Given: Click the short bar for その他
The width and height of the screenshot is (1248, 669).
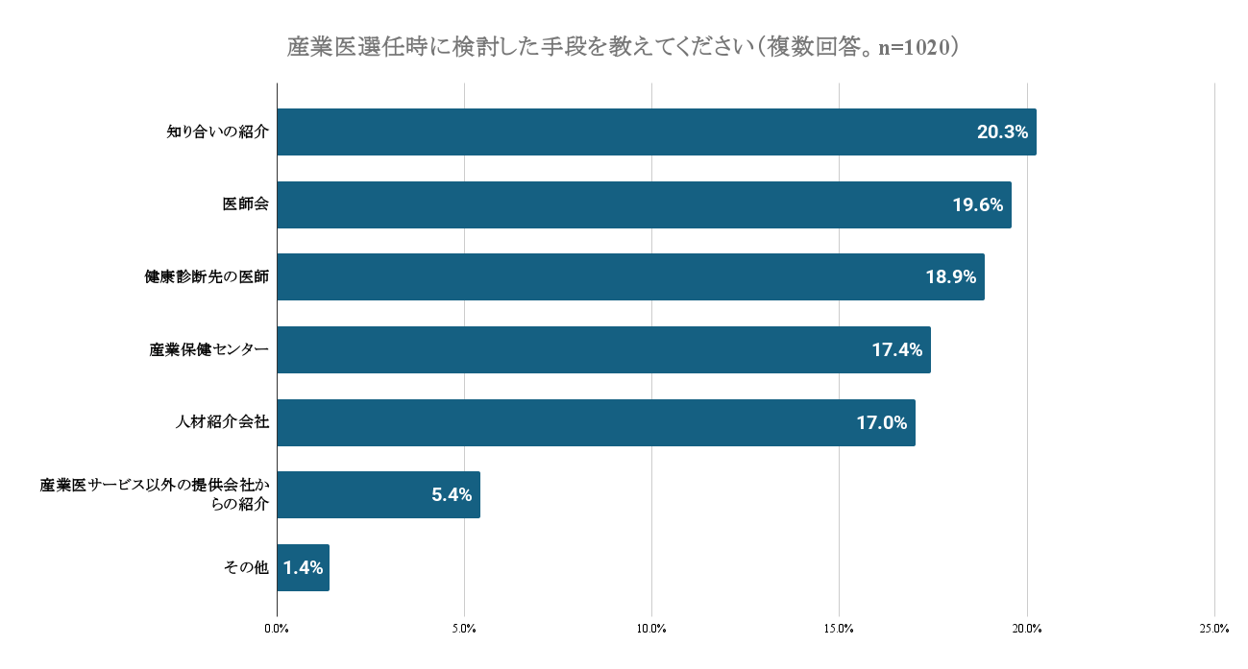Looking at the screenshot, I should [303, 567].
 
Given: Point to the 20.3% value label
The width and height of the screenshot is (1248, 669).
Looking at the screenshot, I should [1002, 132].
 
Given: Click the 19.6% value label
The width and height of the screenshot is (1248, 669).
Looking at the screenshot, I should [977, 204].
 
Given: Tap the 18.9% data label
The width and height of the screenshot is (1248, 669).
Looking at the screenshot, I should [950, 277].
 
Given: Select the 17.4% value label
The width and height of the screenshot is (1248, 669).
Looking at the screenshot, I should [896, 349].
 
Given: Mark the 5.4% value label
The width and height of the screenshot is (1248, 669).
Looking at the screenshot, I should [451, 495].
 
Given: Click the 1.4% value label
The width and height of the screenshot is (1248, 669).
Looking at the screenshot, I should [303, 567].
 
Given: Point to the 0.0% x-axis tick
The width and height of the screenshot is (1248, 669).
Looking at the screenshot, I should [277, 629].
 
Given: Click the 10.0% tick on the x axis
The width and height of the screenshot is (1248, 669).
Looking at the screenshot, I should [651, 629].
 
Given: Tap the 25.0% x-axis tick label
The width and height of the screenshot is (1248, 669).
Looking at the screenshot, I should [1214, 629].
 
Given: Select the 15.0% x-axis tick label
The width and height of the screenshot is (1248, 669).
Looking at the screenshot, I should [839, 629].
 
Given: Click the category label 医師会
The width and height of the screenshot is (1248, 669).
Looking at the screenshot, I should [245, 204].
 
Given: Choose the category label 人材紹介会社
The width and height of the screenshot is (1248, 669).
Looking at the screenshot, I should [222, 422].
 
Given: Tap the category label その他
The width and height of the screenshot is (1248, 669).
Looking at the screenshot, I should [246, 567].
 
